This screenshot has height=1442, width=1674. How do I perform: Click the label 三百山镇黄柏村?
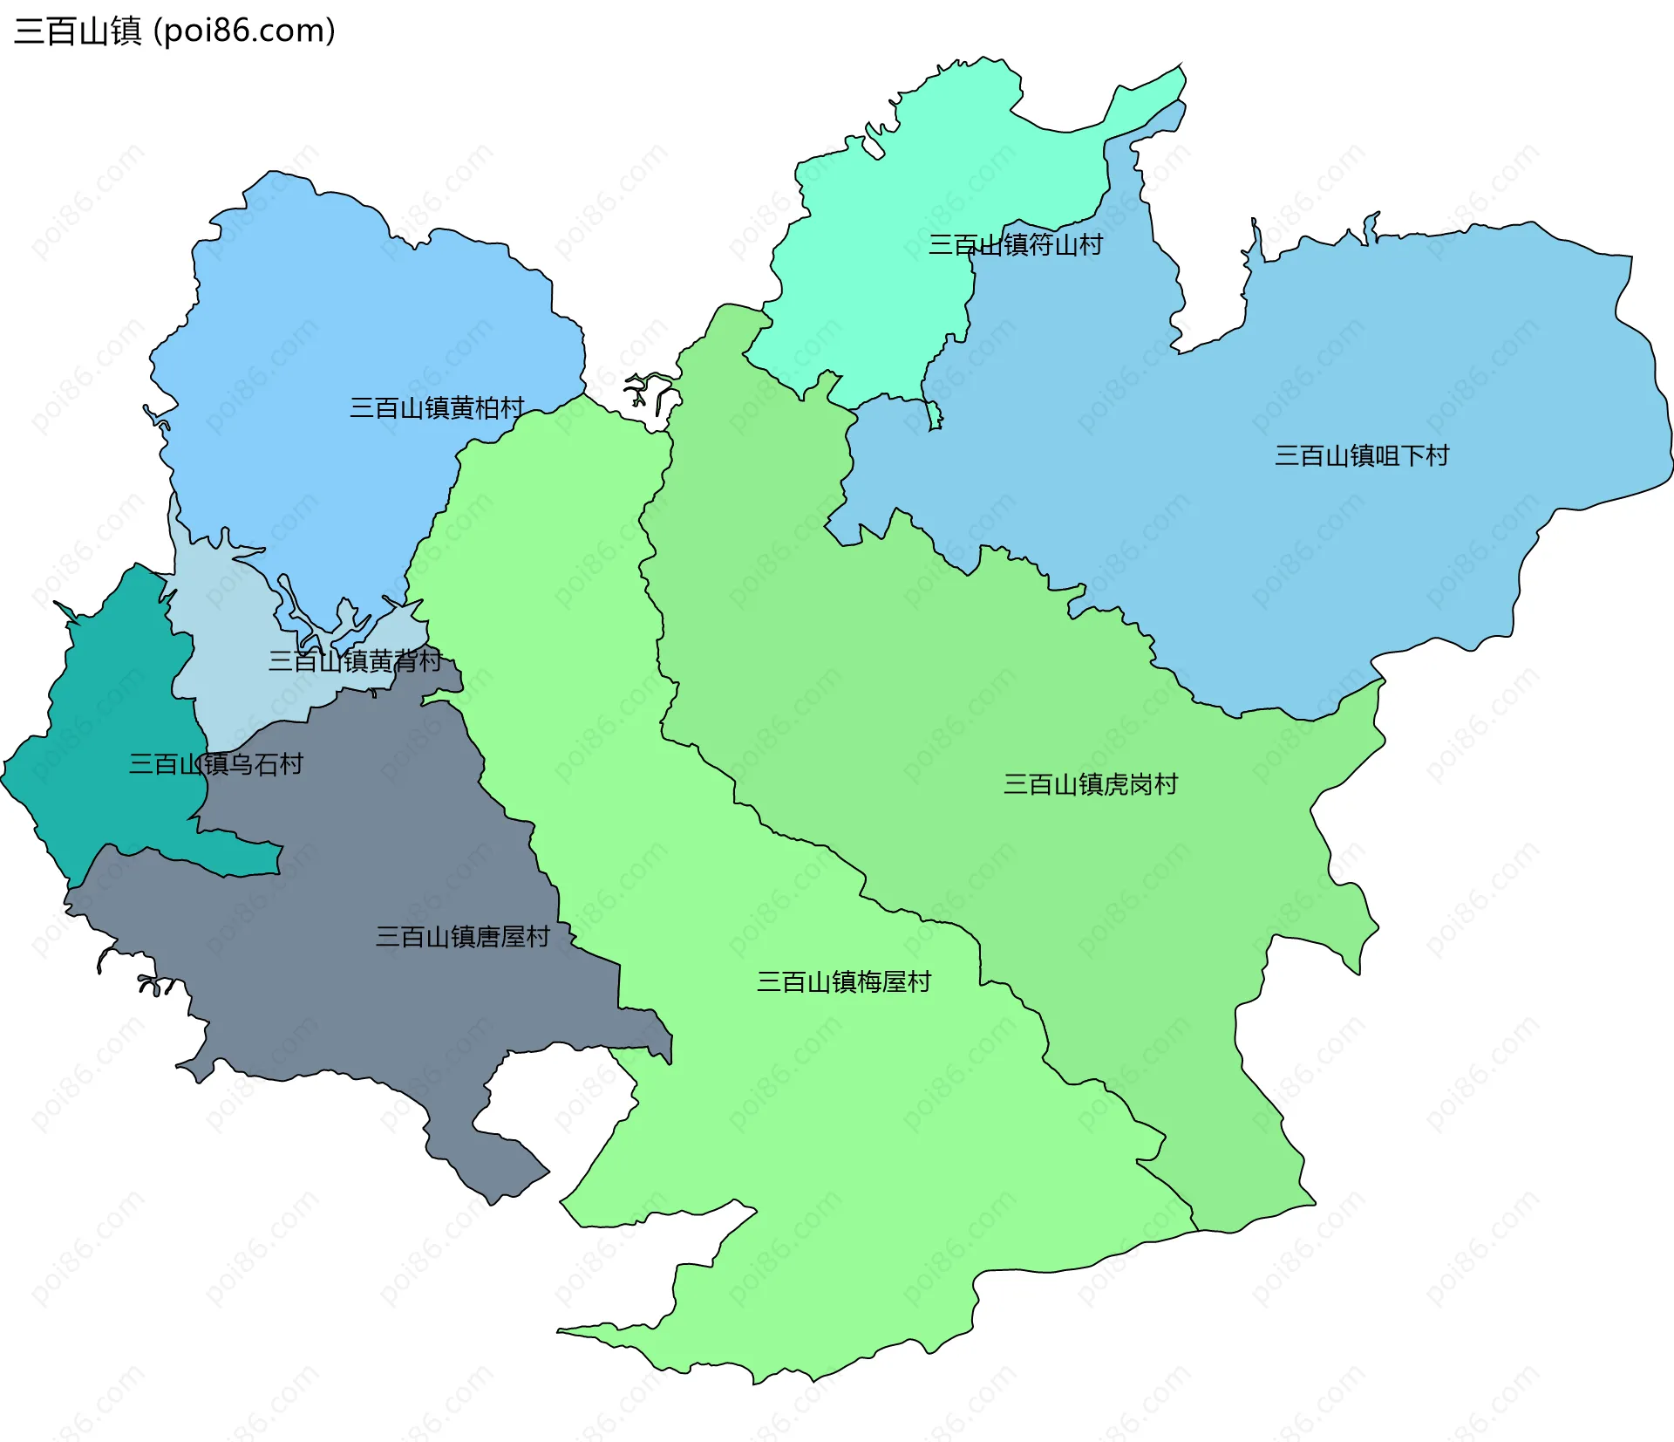click(437, 407)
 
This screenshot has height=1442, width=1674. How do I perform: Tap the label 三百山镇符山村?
click(1015, 244)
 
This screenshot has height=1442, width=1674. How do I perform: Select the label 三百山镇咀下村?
click(1361, 455)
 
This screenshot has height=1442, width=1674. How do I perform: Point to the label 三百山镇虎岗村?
click(1090, 784)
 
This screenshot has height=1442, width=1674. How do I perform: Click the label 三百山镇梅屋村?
click(843, 982)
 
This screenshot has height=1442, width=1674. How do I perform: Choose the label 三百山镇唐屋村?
click(462, 937)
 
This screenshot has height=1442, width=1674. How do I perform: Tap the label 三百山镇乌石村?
click(215, 764)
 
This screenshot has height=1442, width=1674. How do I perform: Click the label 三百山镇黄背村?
click(355, 660)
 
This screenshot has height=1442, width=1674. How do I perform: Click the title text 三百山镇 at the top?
click(78, 31)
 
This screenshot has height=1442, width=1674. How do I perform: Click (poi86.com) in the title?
click(244, 31)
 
